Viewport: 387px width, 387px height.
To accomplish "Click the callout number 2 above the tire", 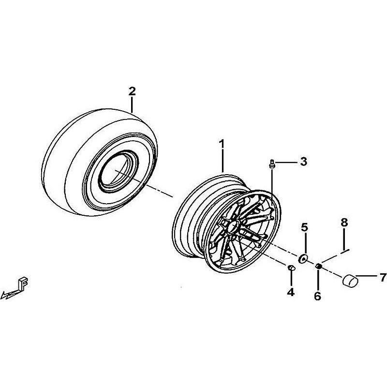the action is point(132,91).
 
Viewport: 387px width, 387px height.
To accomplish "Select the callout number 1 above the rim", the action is point(222,144).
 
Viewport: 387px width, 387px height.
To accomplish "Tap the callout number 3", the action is point(304,162).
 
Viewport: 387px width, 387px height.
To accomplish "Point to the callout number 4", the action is point(291,292).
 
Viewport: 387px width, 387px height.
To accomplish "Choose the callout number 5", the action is point(305,227).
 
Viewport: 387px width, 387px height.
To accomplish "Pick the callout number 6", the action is point(317,296).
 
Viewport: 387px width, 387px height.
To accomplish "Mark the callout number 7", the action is point(383,277).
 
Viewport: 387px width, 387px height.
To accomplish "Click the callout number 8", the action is point(344,222).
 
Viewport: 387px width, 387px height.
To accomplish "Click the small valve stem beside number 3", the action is point(272,164).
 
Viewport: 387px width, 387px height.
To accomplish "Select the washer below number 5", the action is point(303,259).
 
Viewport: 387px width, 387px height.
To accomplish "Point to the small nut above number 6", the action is point(318,266).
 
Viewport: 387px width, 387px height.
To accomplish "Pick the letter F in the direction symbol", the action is point(23,285).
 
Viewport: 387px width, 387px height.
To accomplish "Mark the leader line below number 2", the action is point(132,104).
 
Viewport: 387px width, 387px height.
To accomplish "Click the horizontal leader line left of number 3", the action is point(286,162).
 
